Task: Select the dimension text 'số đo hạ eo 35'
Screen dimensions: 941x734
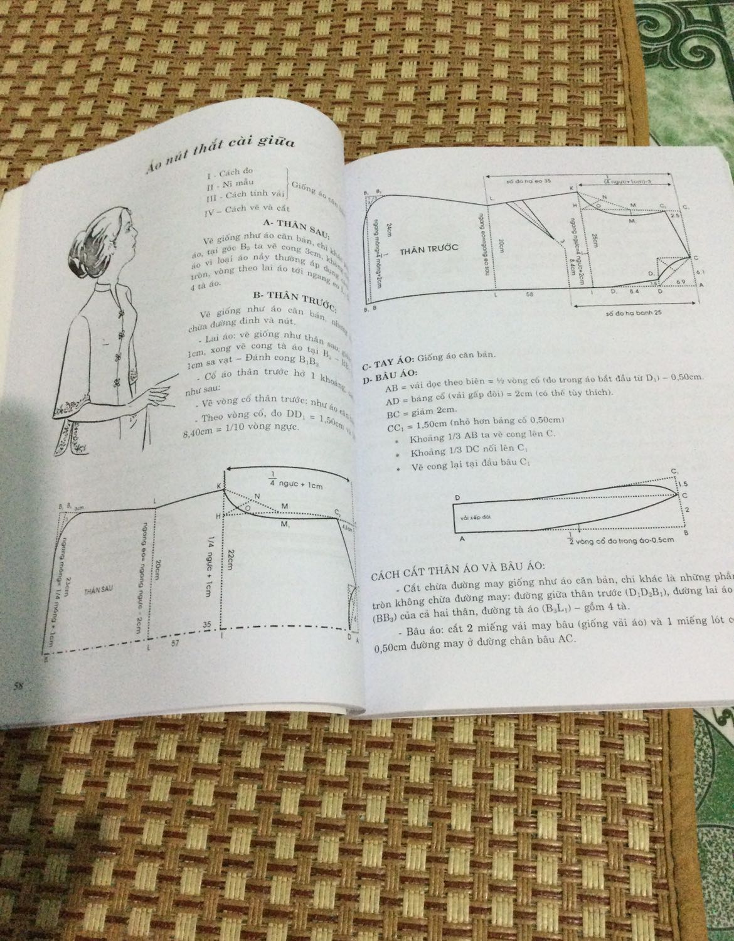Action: click(528, 181)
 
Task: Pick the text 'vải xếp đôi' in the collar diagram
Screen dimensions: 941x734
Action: click(475, 518)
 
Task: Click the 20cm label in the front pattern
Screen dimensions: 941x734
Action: click(501, 247)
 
